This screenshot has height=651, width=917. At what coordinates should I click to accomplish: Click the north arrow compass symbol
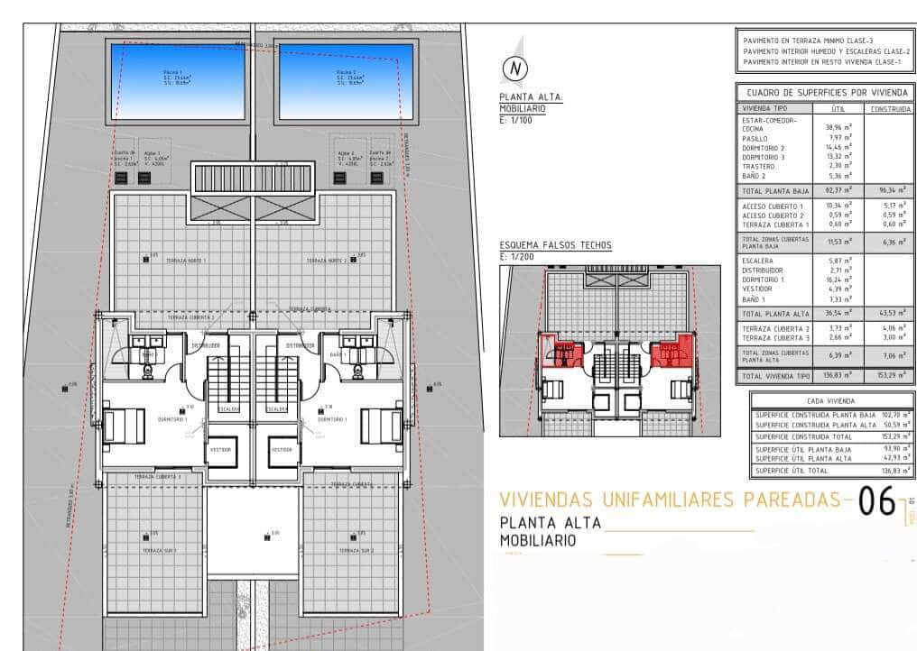[x=515, y=67]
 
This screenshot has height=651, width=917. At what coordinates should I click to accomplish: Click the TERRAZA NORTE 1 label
[x=185, y=261]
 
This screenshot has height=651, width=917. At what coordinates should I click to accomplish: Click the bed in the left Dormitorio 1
[x=125, y=426]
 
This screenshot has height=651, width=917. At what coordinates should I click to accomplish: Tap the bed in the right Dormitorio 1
[x=382, y=426]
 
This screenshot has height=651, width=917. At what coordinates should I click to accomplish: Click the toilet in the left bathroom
[x=147, y=371]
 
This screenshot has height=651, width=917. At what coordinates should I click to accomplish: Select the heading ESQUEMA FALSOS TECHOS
[x=555, y=245]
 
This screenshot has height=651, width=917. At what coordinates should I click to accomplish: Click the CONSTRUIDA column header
[x=890, y=108]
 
